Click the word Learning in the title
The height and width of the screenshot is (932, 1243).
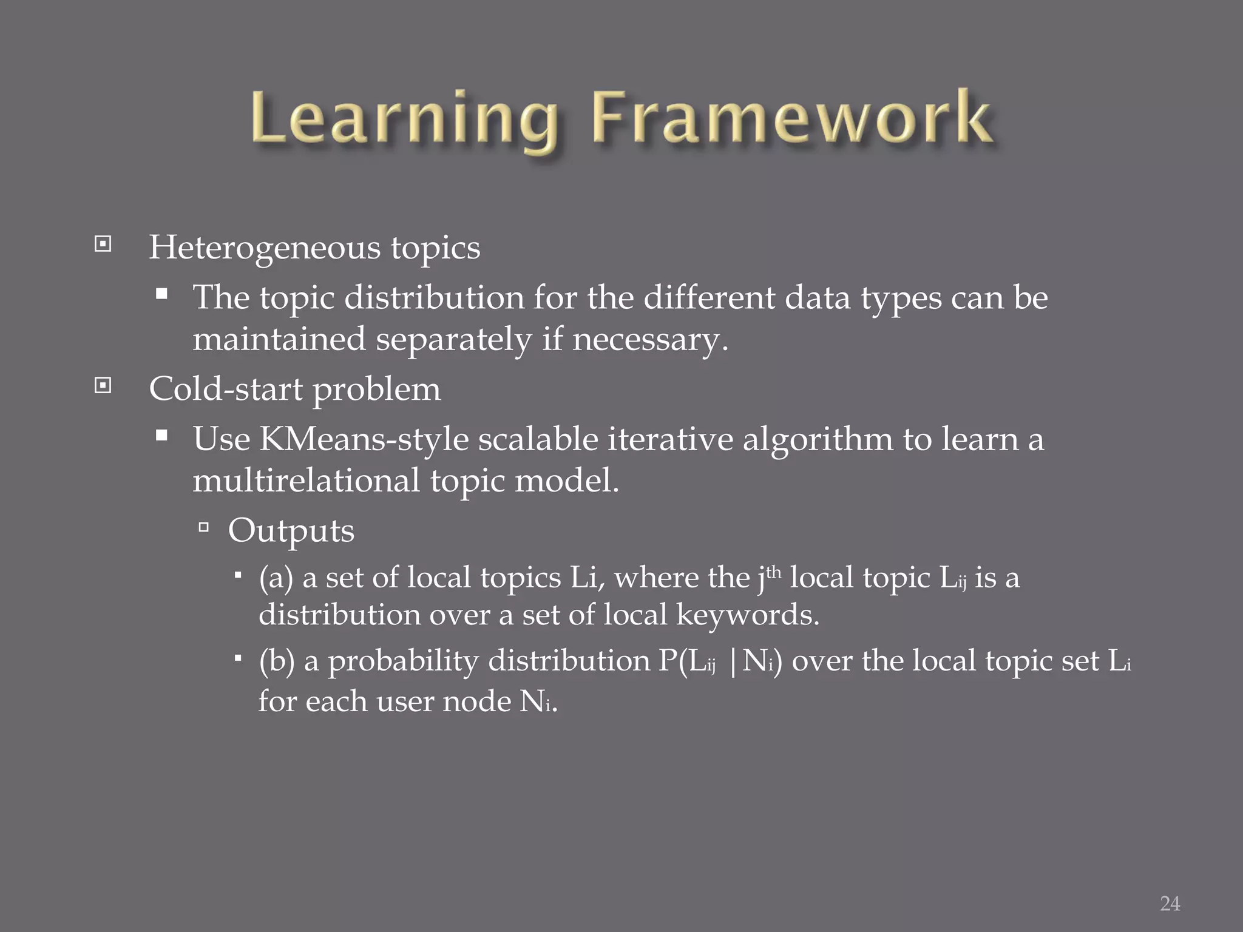(x=404, y=118)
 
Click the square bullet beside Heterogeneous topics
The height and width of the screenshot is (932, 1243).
(x=103, y=245)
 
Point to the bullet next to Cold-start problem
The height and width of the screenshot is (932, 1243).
(x=103, y=385)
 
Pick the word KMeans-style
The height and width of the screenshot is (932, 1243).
(x=364, y=439)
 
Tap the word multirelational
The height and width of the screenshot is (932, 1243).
(x=306, y=481)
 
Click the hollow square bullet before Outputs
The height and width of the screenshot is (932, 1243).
(x=203, y=527)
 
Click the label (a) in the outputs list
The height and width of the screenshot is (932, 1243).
(x=276, y=578)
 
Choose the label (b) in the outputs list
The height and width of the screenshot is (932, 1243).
(x=276, y=661)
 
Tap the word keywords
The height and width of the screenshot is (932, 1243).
(x=747, y=615)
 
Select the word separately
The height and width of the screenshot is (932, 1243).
(x=453, y=339)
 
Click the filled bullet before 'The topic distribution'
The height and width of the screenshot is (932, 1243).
(x=161, y=295)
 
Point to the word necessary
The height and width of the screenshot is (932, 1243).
(x=649, y=339)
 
